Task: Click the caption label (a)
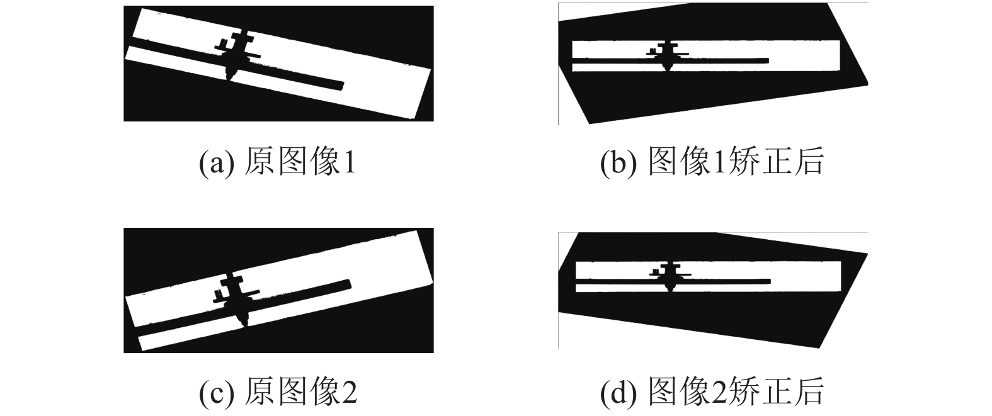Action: pos(217,162)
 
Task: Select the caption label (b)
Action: pos(619,162)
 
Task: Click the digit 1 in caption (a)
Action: pos(350,162)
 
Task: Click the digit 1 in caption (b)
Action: pos(719,162)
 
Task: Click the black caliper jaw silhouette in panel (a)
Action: pos(236,55)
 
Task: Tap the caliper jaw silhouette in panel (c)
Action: pos(237,299)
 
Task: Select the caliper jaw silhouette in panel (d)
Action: pos(670,276)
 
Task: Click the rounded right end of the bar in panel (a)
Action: pos(343,85)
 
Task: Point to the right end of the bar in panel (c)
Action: pos(349,284)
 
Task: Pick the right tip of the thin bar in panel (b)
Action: pos(768,60)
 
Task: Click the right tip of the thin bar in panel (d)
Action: pos(770,281)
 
